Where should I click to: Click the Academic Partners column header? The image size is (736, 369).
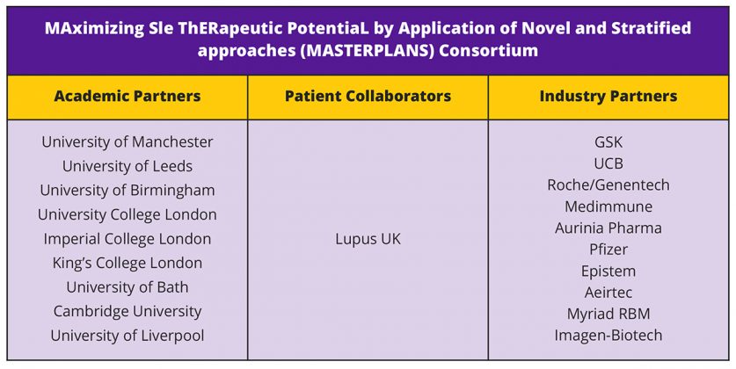click(x=128, y=96)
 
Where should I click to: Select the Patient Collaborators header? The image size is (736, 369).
click(x=368, y=96)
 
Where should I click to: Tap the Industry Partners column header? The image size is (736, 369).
click(x=608, y=96)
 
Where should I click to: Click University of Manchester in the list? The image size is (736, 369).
click(x=128, y=141)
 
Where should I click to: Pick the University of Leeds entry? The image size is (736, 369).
click(x=128, y=166)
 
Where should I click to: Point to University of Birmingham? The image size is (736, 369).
click(x=128, y=191)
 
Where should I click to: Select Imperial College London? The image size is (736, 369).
click(x=128, y=239)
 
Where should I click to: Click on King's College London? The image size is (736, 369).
click(x=128, y=263)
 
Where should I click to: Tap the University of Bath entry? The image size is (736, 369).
click(x=128, y=287)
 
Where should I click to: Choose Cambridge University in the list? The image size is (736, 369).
click(x=128, y=311)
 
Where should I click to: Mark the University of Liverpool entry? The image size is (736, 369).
click(x=128, y=336)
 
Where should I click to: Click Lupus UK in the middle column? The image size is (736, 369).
click(x=368, y=239)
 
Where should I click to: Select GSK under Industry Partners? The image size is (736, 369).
click(x=608, y=141)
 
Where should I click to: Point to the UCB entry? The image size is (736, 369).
click(x=608, y=163)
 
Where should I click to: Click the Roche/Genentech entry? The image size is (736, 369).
click(x=608, y=184)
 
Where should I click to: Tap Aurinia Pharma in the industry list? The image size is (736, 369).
click(x=608, y=228)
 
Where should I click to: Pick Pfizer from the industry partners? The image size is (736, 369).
click(x=608, y=250)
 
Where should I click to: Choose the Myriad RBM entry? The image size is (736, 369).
click(x=608, y=314)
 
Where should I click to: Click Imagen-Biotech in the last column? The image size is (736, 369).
click(x=608, y=336)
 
